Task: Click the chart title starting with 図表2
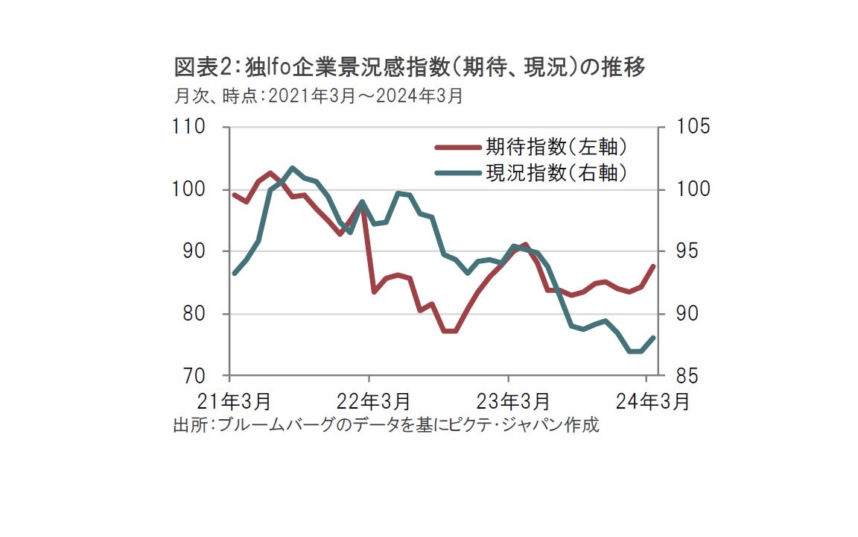point(409,68)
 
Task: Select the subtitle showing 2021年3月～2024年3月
point(318,96)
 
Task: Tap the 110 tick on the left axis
point(190,127)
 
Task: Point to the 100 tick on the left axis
point(190,189)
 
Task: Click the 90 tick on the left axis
point(194,251)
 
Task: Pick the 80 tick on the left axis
point(194,314)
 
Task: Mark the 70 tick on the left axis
point(194,376)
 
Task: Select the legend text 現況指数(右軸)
point(555,172)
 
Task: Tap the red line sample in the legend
point(456,145)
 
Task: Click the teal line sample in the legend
point(456,173)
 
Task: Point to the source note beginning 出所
point(386,426)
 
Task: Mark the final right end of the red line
point(653,266)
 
